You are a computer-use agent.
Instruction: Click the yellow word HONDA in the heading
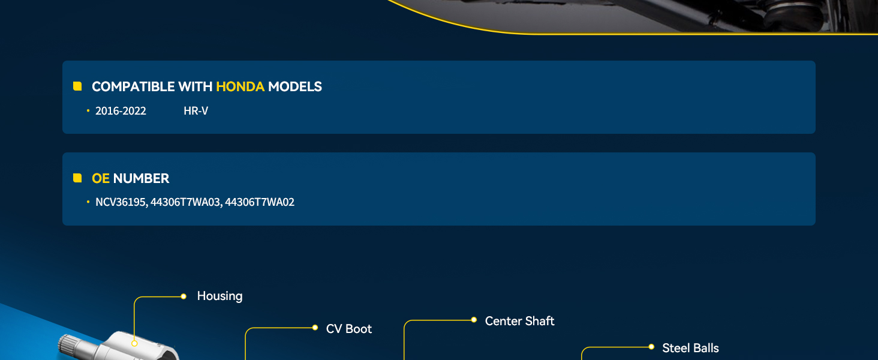pos(240,86)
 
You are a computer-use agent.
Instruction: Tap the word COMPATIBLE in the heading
pos(133,86)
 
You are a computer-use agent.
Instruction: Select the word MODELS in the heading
pos(294,86)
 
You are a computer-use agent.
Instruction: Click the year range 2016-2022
pos(121,111)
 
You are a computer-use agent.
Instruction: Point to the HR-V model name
pos(196,111)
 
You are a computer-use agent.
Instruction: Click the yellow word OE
pos(100,178)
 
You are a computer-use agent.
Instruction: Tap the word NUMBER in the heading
pos(141,178)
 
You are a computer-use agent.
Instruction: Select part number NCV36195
pos(122,202)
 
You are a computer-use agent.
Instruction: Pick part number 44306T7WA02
pos(260,202)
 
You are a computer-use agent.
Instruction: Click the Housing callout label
pos(220,296)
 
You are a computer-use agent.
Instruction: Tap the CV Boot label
pos(349,329)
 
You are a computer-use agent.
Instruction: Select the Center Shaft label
pos(520,321)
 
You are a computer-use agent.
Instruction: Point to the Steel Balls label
pos(690,348)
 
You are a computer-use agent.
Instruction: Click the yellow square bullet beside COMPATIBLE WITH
pos(77,86)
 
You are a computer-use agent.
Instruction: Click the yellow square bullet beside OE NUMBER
pos(77,178)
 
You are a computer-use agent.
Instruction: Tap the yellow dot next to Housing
pos(184,296)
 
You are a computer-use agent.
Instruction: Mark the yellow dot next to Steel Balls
pos(651,347)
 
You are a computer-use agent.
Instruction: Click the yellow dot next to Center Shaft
pos(474,320)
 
